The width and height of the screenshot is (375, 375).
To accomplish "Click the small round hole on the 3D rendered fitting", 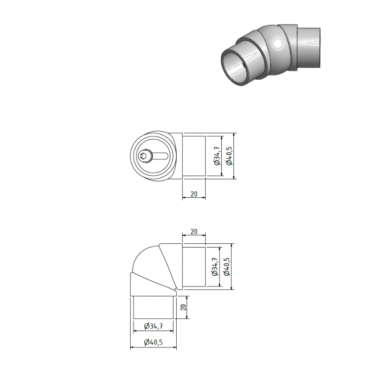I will click(x=278, y=44).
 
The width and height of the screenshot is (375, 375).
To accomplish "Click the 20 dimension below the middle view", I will click(x=194, y=193).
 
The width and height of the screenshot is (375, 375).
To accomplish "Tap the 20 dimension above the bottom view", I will click(x=194, y=232).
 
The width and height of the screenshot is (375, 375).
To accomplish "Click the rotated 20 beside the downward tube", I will click(x=184, y=307).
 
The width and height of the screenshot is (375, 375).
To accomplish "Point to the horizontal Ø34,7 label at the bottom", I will click(x=153, y=326).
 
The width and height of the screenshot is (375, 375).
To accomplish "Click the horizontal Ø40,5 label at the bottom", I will click(x=153, y=342).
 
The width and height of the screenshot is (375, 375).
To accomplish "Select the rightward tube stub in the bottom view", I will click(x=194, y=267).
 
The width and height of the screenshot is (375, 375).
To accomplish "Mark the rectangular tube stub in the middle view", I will click(x=194, y=157).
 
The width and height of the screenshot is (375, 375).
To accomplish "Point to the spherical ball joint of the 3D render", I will click(x=274, y=52).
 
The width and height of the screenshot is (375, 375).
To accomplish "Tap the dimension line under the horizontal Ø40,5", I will click(x=153, y=348).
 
